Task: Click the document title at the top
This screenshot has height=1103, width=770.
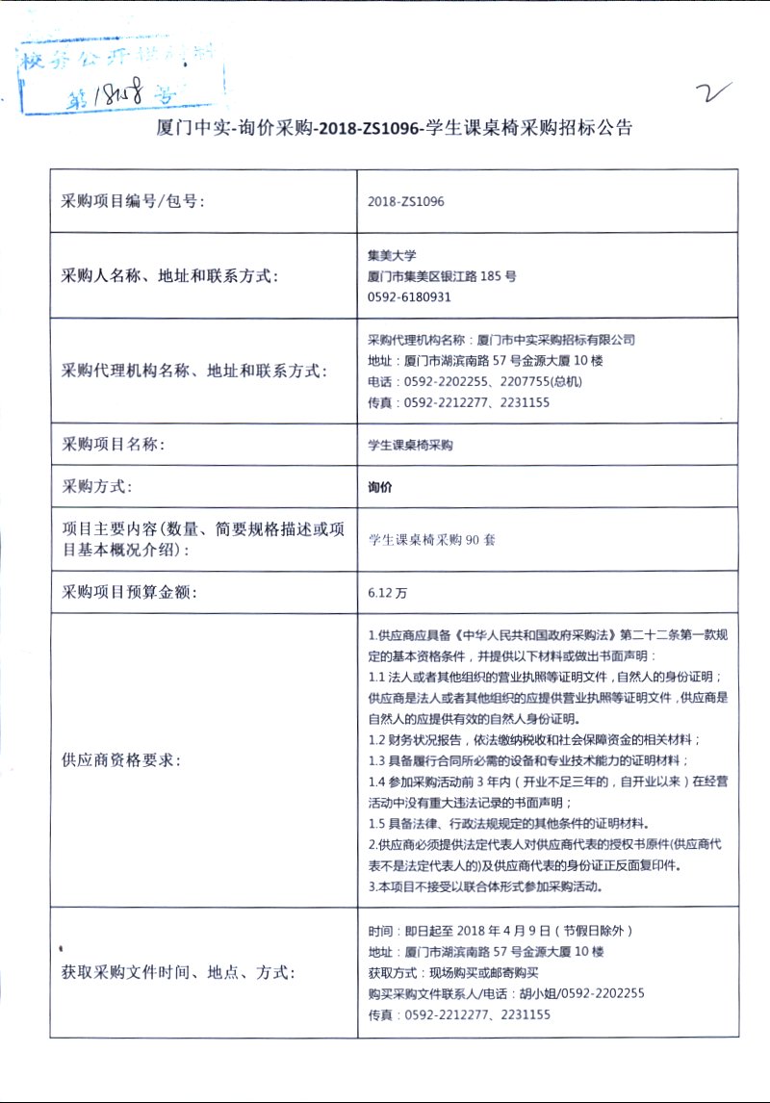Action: (395, 128)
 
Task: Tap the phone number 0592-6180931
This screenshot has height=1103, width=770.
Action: (409, 296)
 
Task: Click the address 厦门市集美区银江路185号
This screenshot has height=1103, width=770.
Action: (442, 276)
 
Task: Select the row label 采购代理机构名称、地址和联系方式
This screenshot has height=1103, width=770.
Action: (193, 372)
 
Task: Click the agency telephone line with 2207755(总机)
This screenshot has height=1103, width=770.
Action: (475, 382)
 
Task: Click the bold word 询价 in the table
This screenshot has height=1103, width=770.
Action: (380, 487)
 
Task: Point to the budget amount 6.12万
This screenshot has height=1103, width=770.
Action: (387, 593)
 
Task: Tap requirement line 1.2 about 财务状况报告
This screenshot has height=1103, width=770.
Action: (534, 739)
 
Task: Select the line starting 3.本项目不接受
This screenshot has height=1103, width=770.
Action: (485, 886)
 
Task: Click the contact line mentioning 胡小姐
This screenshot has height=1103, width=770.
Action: (506, 994)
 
